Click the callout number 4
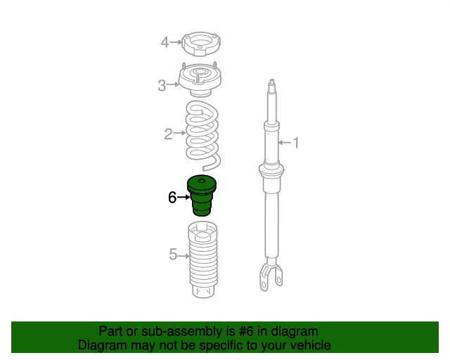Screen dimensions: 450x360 click(165, 42)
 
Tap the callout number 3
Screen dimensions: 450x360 click(162, 85)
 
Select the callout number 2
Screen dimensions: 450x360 click(168, 134)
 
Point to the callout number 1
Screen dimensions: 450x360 click(296, 143)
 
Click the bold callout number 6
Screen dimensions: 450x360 click(172, 198)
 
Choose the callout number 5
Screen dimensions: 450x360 click(173, 255)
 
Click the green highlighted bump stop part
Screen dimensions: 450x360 click(202, 195)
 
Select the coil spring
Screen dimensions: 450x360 click(202, 135)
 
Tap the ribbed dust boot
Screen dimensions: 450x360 click(202, 259)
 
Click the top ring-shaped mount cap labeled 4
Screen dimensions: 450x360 click(202, 44)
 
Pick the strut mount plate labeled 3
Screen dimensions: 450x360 click(200, 79)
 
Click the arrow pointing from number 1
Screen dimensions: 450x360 click(285, 143)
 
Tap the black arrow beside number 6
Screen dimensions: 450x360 click(184, 197)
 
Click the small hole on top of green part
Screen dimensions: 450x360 click(202, 181)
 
